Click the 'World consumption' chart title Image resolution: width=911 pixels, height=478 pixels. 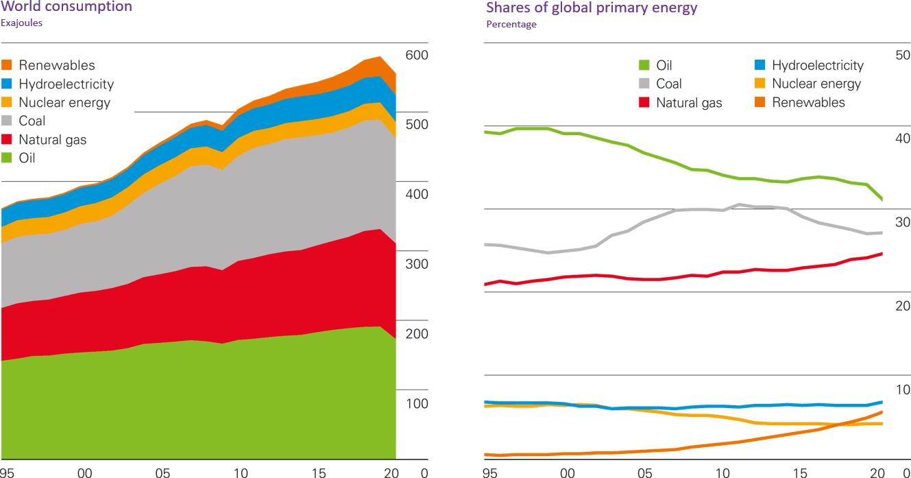tap(66, 8)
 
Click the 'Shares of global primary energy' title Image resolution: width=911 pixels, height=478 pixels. tap(592, 8)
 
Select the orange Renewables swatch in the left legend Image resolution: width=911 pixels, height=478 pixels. tap(7, 66)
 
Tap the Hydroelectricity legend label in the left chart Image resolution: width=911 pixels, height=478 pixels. tap(66, 84)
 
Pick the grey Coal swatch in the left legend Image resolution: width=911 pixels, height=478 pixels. tap(7, 121)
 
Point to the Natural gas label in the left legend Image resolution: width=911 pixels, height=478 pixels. tap(53, 140)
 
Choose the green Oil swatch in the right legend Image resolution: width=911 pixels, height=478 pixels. tap(644, 66)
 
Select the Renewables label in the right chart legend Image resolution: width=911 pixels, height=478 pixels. tap(808, 103)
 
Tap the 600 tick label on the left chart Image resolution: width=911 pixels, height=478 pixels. tap(417, 56)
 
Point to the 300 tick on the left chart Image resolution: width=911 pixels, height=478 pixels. tap(417, 264)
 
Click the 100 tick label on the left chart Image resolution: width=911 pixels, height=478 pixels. tap(417, 403)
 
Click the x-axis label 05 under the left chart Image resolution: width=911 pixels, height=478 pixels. tap(162, 472)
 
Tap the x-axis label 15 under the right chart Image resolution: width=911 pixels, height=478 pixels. tap(800, 472)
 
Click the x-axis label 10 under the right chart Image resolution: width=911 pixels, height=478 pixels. tap(722, 472)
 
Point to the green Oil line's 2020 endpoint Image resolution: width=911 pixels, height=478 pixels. tap(882, 200)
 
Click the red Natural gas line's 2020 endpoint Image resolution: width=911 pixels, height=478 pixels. tap(882, 253)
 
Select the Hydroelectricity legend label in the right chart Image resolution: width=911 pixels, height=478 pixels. tap(817, 66)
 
